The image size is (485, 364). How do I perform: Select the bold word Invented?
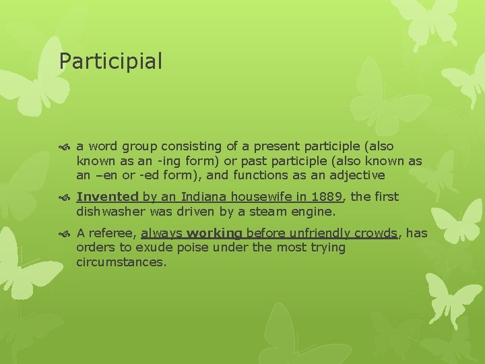pos(107,197)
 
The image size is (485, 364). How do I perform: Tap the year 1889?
pos(328,197)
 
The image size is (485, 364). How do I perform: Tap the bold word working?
pos(214,233)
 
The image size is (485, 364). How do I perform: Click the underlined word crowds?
pos(378,233)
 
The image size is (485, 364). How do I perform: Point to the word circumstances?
pos(121,262)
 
